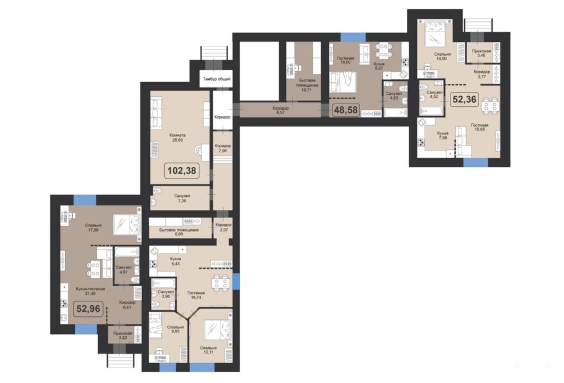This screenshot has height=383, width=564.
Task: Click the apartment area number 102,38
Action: (x=182, y=170)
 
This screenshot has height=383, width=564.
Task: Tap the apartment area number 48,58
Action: (x=346, y=110)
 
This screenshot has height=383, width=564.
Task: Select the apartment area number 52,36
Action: (x=464, y=99)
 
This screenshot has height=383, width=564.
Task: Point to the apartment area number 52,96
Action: (x=89, y=309)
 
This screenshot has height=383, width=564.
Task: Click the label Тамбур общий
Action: (x=216, y=79)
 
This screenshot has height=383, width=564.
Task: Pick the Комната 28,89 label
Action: (x=177, y=138)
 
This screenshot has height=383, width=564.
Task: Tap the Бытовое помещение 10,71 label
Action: (x=306, y=85)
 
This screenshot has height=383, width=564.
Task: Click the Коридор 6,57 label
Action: (x=280, y=110)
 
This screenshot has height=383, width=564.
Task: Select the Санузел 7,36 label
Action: (x=182, y=198)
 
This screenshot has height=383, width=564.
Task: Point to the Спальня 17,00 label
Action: (x=93, y=228)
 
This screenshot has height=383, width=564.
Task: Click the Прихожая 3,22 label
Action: (x=123, y=336)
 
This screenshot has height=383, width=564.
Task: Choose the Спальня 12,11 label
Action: (x=209, y=350)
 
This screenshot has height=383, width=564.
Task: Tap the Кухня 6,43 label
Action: (x=176, y=261)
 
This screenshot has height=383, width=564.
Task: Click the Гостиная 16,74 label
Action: (x=196, y=295)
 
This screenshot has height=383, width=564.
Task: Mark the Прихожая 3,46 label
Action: (x=481, y=53)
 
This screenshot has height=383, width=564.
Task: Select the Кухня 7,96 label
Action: (x=443, y=135)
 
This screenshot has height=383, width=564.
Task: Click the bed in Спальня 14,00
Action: (x=438, y=34)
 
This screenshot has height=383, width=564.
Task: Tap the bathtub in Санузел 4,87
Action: (x=126, y=252)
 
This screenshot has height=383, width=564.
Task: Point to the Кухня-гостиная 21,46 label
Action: (x=90, y=291)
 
